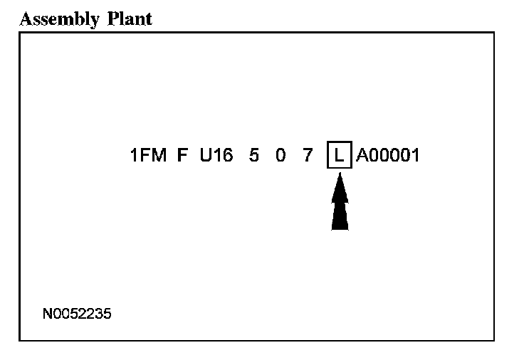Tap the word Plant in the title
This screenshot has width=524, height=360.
[x=130, y=18]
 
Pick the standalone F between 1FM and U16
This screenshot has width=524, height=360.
[x=182, y=155]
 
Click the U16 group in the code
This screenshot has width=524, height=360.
[x=216, y=155]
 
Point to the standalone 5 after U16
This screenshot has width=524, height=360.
[x=254, y=155]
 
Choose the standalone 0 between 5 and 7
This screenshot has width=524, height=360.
[x=281, y=155]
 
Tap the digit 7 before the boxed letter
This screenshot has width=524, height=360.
[x=308, y=155]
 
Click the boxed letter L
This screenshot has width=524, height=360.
[x=339, y=155]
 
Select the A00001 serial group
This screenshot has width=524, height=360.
[x=387, y=155]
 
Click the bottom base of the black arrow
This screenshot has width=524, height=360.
[x=340, y=228]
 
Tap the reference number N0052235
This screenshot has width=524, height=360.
[x=76, y=313]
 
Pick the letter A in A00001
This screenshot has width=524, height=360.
[x=362, y=155]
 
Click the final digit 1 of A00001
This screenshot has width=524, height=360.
[x=415, y=155]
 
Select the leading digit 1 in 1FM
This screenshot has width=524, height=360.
[x=135, y=155]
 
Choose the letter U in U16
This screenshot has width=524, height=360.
[x=205, y=155]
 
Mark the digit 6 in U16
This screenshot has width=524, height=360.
[x=227, y=155]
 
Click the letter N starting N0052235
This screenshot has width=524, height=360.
[x=46, y=313]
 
